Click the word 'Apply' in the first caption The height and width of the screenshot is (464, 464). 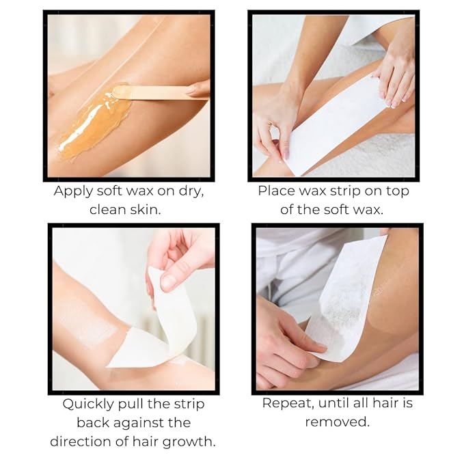(x=74, y=191)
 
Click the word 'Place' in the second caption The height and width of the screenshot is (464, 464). (x=276, y=191)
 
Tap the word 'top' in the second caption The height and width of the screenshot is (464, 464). (x=394, y=191)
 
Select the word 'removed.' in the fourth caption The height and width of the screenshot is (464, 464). (x=337, y=422)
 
